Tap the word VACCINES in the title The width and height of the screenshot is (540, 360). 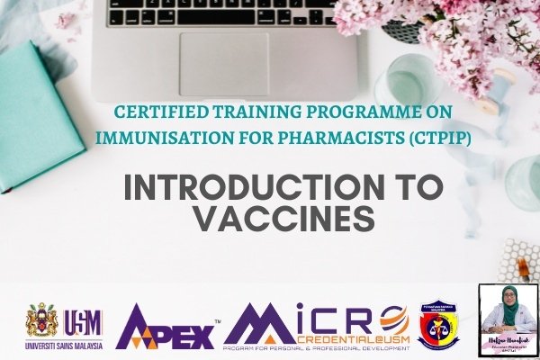(283, 220)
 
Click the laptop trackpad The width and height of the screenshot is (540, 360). (224, 64)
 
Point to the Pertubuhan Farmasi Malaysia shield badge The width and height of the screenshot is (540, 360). (438, 325)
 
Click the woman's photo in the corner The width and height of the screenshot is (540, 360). (508, 319)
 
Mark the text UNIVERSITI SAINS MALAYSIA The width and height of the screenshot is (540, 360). (64, 344)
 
